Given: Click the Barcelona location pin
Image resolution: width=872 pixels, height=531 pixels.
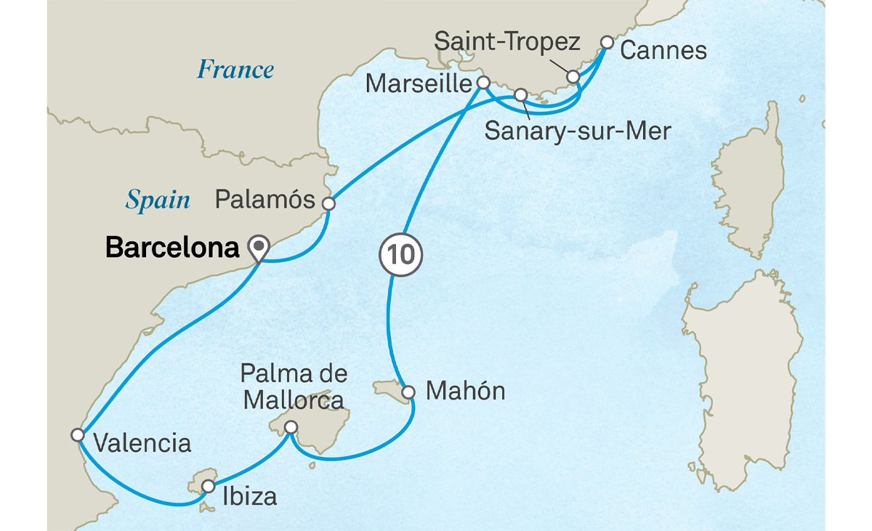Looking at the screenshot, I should click(x=258, y=247).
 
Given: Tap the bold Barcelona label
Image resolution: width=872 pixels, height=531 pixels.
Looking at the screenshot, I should click(x=172, y=248).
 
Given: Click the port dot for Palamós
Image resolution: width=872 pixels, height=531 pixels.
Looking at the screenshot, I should click(x=328, y=204).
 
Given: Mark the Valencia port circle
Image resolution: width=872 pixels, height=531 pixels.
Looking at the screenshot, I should click(x=78, y=434).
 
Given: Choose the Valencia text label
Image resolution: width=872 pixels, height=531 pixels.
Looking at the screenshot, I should click(x=143, y=443).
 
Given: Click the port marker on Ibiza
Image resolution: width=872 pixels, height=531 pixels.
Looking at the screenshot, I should click(x=208, y=486).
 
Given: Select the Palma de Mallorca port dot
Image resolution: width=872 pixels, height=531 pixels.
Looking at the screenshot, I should click(x=291, y=427).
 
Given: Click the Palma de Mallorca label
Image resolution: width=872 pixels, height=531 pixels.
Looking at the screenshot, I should click(x=294, y=387).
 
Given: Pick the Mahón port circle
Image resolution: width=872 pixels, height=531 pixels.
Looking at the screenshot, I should click(x=408, y=392).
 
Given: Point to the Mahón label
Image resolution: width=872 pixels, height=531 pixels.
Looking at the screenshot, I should click(x=465, y=392).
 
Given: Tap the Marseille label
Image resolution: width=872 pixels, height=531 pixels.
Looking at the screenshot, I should click(x=419, y=84).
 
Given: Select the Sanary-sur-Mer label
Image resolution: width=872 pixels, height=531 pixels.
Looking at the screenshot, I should click(x=578, y=131).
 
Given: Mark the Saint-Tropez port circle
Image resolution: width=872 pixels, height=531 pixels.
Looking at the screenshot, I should click(x=573, y=76).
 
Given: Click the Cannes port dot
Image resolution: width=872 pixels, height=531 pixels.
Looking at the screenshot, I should click(x=607, y=43).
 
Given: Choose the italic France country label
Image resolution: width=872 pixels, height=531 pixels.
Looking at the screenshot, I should click(x=236, y=70).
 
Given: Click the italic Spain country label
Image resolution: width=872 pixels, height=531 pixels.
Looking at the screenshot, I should click(x=158, y=200).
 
